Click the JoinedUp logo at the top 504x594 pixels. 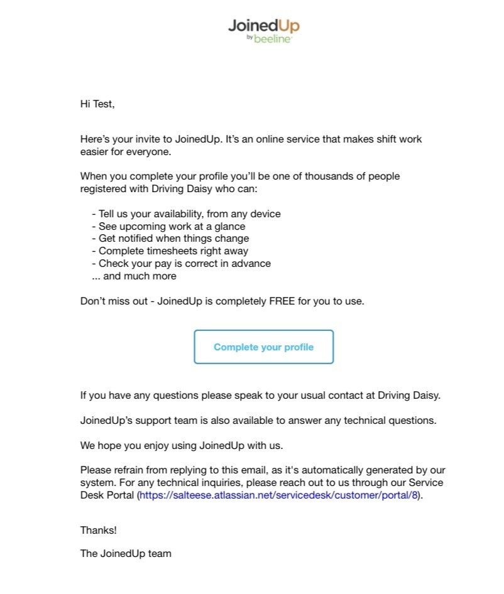[x=263, y=26]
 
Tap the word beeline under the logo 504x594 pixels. [x=273, y=39]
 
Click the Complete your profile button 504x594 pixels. [x=263, y=347]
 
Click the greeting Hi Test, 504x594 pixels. [x=97, y=104]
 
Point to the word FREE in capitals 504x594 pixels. [x=282, y=301]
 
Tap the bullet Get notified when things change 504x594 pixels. [x=173, y=239]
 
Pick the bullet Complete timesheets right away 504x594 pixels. [x=173, y=251]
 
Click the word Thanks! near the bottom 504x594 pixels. [x=98, y=530]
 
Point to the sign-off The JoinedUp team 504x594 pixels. [x=126, y=554]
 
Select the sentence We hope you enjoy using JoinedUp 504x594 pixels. [x=182, y=446]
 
